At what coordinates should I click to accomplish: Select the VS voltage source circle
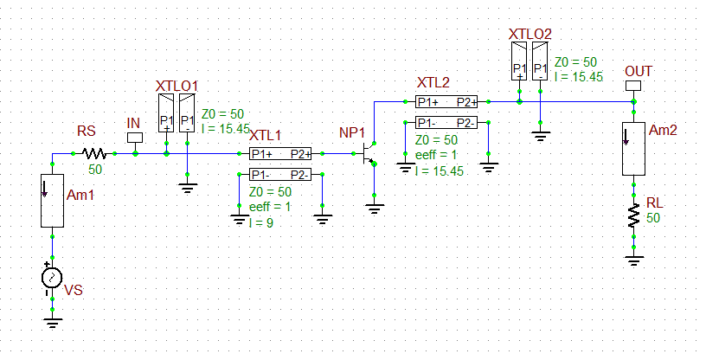tap(52, 278)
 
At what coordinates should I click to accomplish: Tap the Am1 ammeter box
tap(52, 201)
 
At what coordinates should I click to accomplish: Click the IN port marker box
tap(134, 137)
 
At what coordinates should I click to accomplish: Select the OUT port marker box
tap(632, 86)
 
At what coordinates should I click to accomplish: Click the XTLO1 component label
tap(177, 87)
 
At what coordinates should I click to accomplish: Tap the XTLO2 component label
tap(529, 35)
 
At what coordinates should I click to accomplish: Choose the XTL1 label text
tap(266, 136)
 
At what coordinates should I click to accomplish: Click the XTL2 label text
tap(433, 83)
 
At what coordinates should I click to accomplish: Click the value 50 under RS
tap(94, 170)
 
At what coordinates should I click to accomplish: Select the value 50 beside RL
tap(654, 217)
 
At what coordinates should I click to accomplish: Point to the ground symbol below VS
tap(52, 322)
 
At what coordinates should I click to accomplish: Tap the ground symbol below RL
tap(634, 260)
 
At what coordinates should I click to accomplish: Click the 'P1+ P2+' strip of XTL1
tap(280, 154)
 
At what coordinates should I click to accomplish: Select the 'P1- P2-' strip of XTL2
tap(446, 122)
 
